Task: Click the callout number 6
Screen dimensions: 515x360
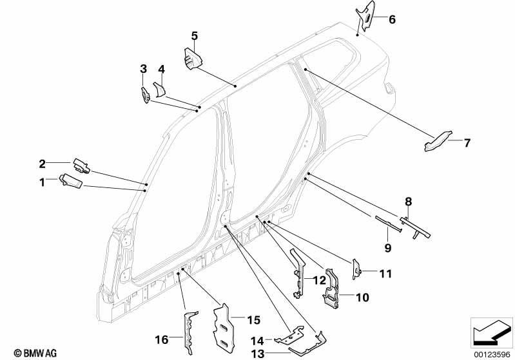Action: click(x=392, y=20)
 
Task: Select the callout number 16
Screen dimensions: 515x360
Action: click(x=162, y=339)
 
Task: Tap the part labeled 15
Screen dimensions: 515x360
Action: click(x=224, y=327)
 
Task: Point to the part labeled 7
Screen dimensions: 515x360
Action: click(x=438, y=142)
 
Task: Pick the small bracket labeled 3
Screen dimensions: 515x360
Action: click(x=146, y=95)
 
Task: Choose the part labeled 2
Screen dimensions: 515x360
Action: click(x=81, y=166)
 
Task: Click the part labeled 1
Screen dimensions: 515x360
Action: click(x=71, y=181)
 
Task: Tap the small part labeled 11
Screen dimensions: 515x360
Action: click(x=356, y=269)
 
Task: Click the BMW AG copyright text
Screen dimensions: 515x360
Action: click(x=35, y=353)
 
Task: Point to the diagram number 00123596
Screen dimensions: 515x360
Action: click(x=492, y=355)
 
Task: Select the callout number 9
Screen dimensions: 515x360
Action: click(x=388, y=248)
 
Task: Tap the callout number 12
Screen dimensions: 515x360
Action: click(x=319, y=280)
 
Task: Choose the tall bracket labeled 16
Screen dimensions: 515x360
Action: click(x=189, y=332)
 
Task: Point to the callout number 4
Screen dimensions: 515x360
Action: click(x=161, y=70)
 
